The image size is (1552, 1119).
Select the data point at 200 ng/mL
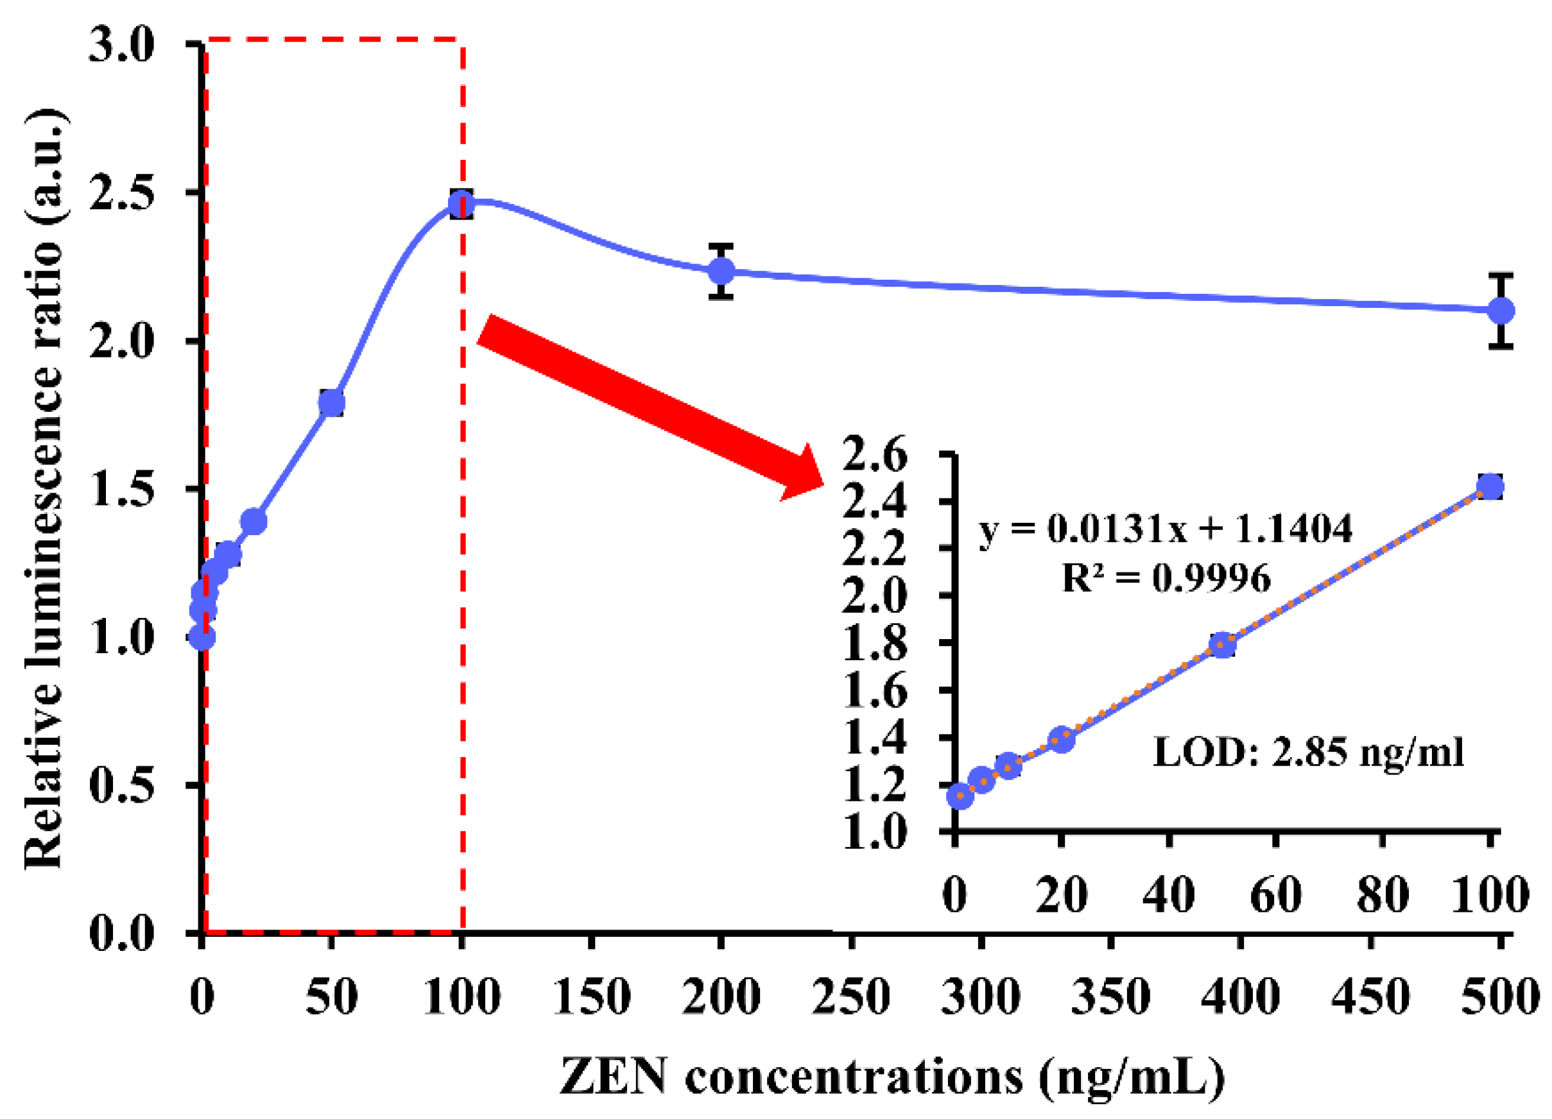coord(721,271)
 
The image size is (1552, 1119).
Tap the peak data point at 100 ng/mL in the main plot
coord(462,204)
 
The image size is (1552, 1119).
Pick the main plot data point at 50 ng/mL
coord(331,404)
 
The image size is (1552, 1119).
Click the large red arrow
coord(650,407)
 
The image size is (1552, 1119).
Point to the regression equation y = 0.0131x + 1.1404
coord(1166,529)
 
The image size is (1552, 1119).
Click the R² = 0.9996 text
coord(1166,579)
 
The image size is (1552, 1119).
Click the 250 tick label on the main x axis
coord(850,996)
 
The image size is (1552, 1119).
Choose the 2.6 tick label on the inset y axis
coord(874,455)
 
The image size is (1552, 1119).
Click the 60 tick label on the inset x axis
coord(1275,894)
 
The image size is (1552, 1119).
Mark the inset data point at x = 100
coord(1490,488)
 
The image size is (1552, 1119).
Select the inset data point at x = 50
coord(1222,645)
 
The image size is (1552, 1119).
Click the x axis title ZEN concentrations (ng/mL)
coord(892,1077)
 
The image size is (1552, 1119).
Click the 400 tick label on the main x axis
coord(1240,996)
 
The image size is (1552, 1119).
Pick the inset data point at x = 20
coord(1062,739)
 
